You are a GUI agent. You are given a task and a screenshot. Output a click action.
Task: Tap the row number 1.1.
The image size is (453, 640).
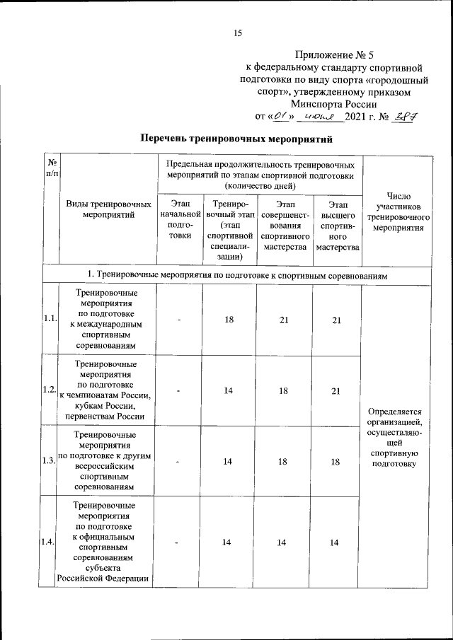[49, 319]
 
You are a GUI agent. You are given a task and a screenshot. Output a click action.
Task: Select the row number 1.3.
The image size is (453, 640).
[49, 461]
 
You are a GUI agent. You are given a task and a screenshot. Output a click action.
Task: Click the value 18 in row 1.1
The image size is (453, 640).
[229, 320]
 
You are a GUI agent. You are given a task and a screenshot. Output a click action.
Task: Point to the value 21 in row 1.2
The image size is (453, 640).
[336, 390]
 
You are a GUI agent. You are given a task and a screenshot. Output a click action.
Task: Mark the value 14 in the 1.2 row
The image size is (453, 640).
[229, 390]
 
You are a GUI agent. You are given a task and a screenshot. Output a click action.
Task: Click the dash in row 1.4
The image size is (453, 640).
[180, 542]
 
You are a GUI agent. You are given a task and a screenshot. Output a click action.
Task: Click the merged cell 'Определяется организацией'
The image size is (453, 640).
[399, 436]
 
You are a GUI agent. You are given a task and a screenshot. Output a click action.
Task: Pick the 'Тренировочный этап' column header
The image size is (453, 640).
[229, 229]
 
